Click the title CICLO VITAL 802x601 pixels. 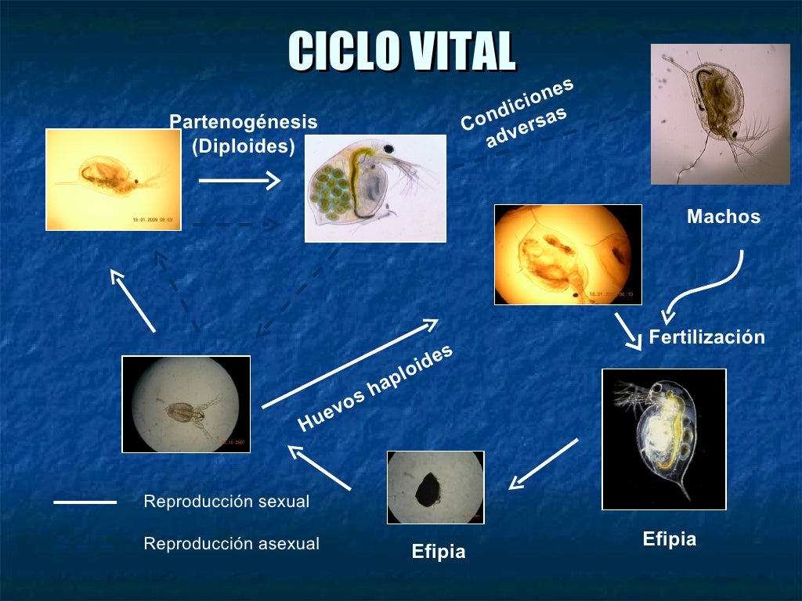(401, 52)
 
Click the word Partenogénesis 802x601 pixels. (244, 122)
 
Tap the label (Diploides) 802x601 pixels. (244, 146)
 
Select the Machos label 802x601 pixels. (723, 217)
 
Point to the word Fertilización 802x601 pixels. (706, 337)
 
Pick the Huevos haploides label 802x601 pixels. (376, 388)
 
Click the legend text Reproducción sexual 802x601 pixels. (226, 502)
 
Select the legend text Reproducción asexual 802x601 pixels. (231, 544)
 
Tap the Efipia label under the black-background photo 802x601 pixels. (669, 539)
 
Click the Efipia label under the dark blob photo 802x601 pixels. (438, 552)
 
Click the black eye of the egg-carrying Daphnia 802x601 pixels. (388, 149)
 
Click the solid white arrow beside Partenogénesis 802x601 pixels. (239, 182)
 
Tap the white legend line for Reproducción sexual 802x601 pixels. (85, 502)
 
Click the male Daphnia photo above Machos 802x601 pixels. (720, 114)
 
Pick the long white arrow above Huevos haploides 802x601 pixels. (350, 363)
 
